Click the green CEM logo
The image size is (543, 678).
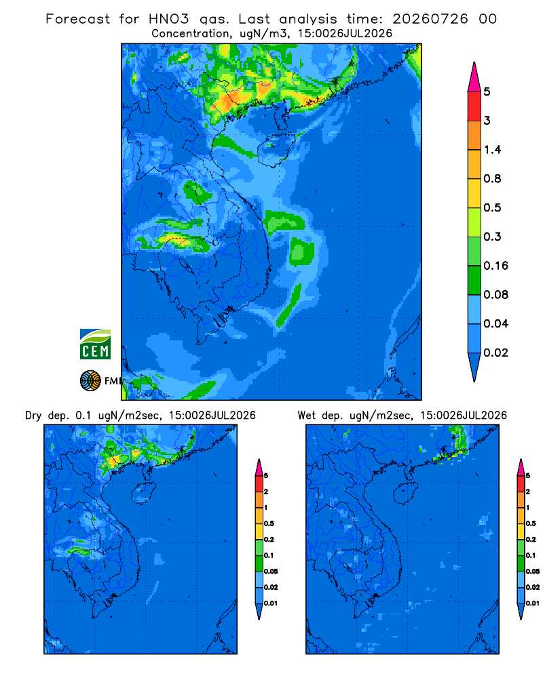(x=95, y=344)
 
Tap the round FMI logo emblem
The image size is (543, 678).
(x=90, y=381)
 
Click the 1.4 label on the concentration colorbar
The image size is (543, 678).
(x=492, y=150)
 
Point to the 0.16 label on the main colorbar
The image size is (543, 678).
(x=495, y=266)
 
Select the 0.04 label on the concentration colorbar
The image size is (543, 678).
(x=495, y=323)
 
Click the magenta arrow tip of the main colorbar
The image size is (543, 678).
(x=474, y=77)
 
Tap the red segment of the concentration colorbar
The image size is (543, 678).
(x=474, y=106)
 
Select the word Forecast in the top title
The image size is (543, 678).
(x=78, y=19)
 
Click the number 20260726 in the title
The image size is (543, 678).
(x=430, y=19)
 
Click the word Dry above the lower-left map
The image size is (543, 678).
(x=33, y=416)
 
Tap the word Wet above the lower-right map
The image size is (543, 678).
(x=307, y=416)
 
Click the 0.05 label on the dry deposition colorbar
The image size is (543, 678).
(x=271, y=571)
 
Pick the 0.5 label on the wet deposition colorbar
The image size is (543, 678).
(x=531, y=523)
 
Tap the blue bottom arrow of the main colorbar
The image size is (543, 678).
(x=474, y=367)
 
